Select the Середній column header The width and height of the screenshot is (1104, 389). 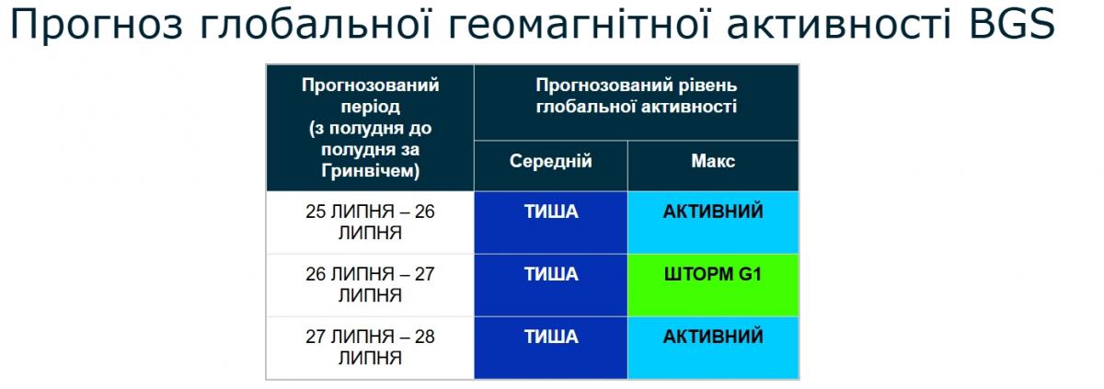pos(551,162)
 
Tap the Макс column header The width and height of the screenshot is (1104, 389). pos(713,162)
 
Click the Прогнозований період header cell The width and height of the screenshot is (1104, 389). pos(370,128)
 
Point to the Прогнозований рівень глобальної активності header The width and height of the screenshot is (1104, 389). pos(637,97)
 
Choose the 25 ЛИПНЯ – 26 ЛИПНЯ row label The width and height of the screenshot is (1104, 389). pos(370,222)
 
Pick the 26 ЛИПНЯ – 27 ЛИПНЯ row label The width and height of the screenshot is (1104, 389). pos(370,285)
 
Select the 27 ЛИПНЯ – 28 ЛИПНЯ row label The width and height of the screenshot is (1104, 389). pos(370,348)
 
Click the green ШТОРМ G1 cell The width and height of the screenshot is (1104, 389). pos(713,285)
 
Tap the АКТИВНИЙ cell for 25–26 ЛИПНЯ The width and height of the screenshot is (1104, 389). pos(713,222)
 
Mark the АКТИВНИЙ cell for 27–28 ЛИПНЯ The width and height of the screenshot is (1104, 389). pos(713,348)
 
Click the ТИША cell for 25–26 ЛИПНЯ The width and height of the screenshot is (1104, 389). pos(551,222)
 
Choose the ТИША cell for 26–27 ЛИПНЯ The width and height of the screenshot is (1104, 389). pos(551,285)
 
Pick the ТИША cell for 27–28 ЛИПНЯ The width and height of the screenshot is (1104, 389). pos(551,348)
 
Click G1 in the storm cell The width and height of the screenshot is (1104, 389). pos(750,275)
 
